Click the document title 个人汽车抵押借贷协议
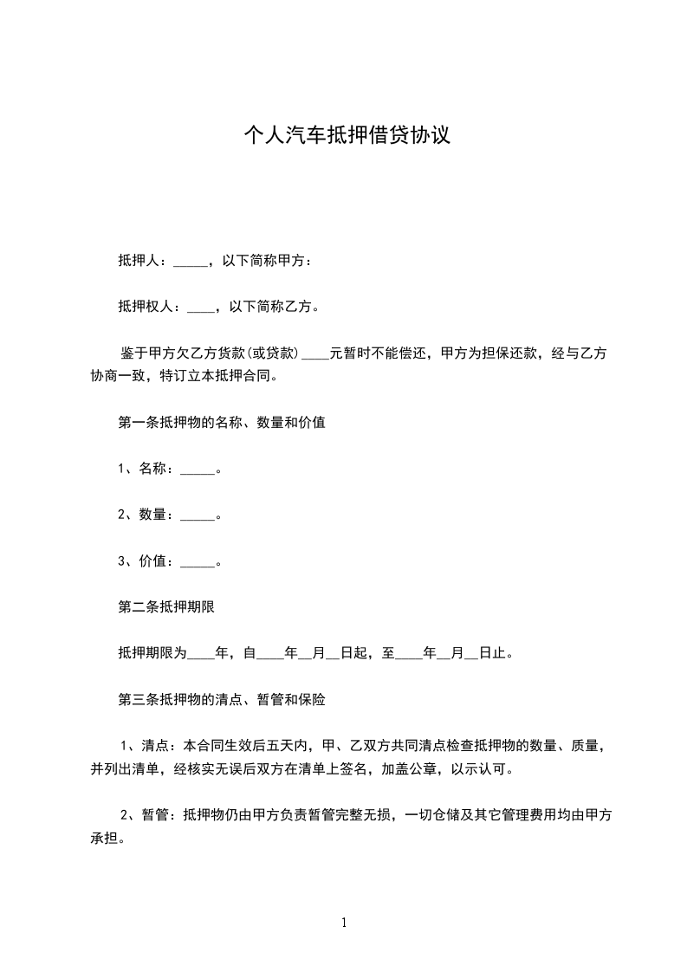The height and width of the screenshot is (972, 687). (x=346, y=136)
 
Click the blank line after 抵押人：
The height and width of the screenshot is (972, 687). (x=191, y=261)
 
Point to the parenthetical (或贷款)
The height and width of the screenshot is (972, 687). (x=274, y=353)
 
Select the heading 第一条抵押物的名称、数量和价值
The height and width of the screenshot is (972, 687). (x=221, y=424)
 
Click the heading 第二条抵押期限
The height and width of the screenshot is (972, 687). (x=165, y=607)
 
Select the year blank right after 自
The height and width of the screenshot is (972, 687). (x=270, y=654)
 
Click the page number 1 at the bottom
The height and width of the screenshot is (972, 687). (x=344, y=923)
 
